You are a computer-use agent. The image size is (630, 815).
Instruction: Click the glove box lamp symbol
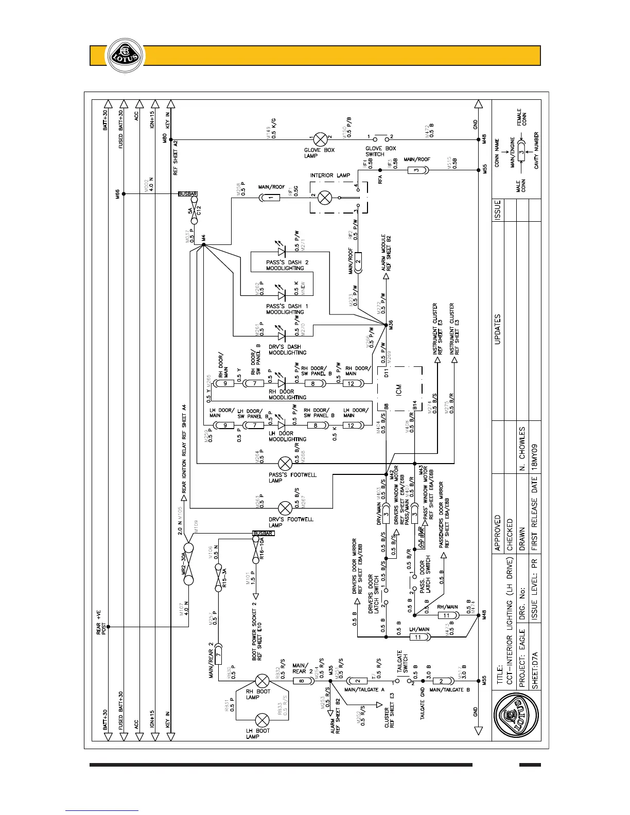tap(320, 138)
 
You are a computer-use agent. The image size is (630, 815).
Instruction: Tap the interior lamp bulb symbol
tap(325, 197)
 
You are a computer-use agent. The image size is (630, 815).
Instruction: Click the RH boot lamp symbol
tap(263, 681)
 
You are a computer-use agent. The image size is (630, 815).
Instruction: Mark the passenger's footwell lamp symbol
tap(285, 463)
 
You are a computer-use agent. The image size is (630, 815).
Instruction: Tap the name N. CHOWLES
tap(522, 448)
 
